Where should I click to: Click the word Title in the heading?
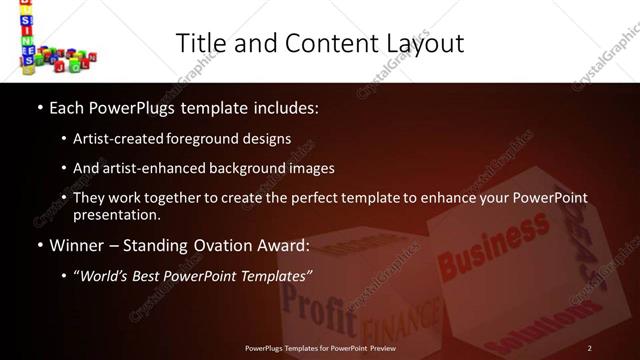pos(198,43)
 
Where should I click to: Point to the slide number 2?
pos(590,347)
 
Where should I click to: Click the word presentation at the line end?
pos(115,214)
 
